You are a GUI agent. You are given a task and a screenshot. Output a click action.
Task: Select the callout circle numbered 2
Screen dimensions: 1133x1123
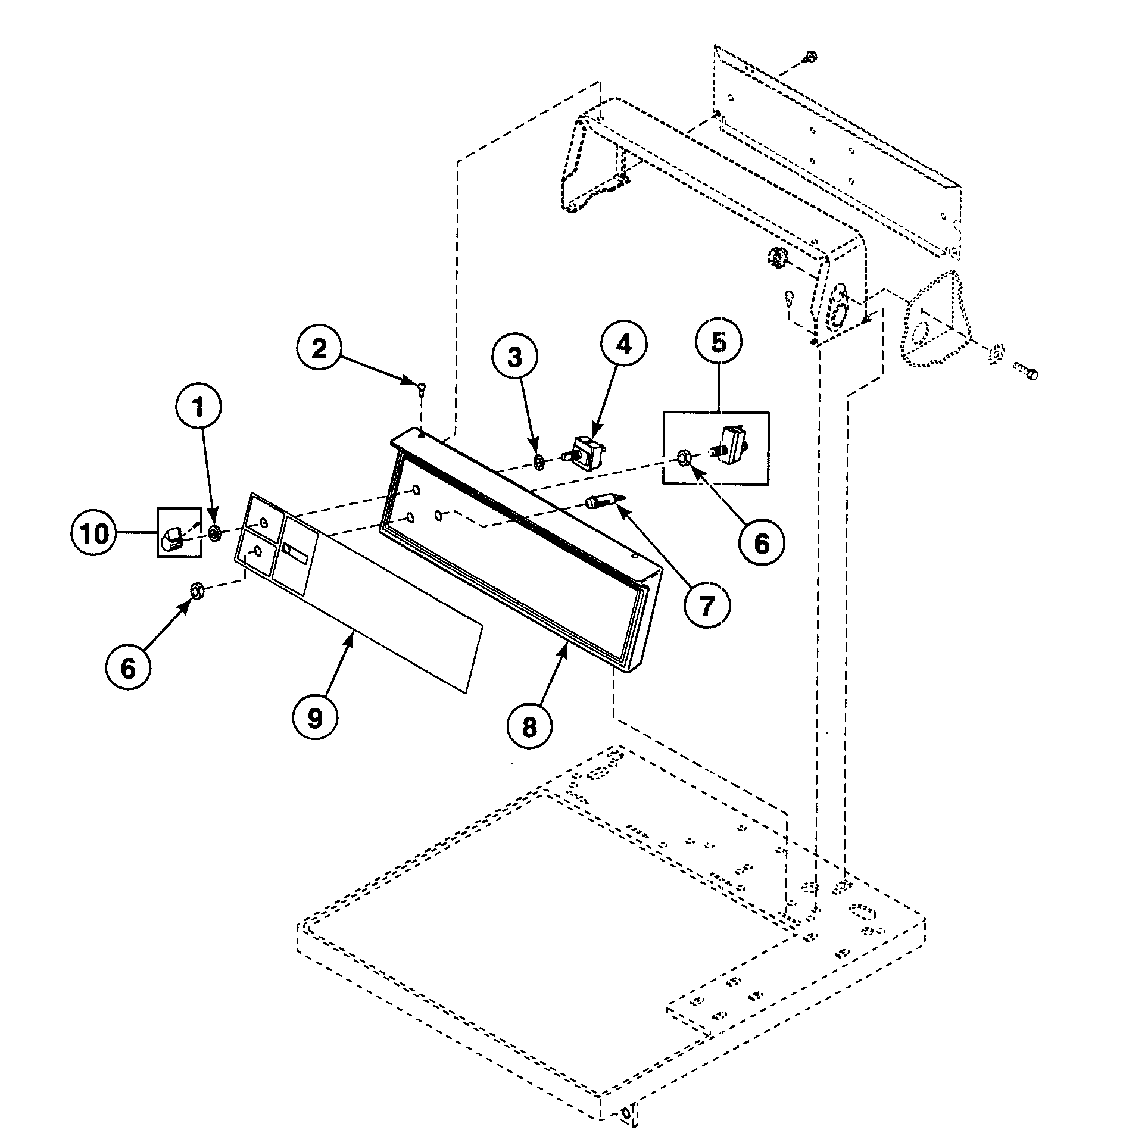[319, 348]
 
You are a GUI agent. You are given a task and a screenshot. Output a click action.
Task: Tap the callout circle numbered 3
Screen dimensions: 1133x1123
[514, 358]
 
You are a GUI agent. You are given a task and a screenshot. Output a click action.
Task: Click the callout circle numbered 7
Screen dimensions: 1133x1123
[706, 606]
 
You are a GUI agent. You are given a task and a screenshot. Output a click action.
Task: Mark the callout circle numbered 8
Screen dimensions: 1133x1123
[529, 726]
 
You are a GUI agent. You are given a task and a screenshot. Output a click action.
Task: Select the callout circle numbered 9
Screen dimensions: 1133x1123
[315, 719]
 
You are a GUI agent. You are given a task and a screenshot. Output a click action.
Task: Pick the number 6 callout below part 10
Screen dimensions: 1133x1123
[129, 668]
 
